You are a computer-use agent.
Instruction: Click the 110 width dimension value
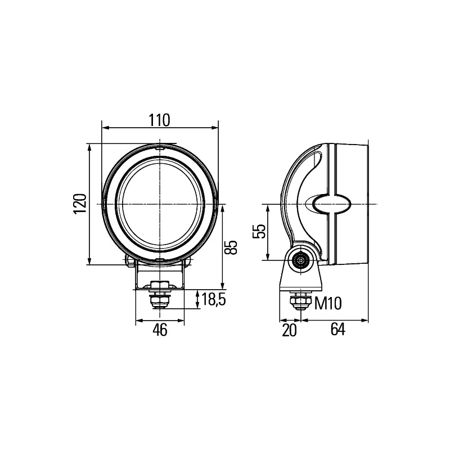tap(160, 120)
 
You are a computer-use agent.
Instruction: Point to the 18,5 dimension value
tap(213, 300)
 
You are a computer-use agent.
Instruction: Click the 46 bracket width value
tap(160, 331)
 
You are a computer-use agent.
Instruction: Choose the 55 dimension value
tap(259, 232)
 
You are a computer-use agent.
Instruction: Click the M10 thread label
tap(328, 304)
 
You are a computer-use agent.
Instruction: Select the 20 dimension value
tap(289, 331)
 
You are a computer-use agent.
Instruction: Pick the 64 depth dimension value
tap(337, 331)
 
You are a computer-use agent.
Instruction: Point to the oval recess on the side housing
tap(331, 204)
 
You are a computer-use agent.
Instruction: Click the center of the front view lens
tap(160, 203)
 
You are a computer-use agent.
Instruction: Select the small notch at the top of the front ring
tap(160, 147)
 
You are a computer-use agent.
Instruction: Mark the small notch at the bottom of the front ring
tap(160, 259)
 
